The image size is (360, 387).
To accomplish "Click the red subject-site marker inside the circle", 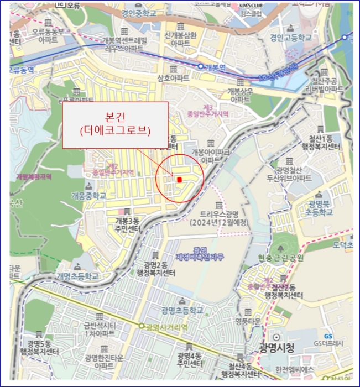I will coord(179,179).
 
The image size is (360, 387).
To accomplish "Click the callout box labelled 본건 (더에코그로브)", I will coord(114,125).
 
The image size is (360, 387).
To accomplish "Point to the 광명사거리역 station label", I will coord(166,327).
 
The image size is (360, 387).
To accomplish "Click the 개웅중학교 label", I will coord(89,195).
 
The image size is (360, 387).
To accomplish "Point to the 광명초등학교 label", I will coord(183,311).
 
